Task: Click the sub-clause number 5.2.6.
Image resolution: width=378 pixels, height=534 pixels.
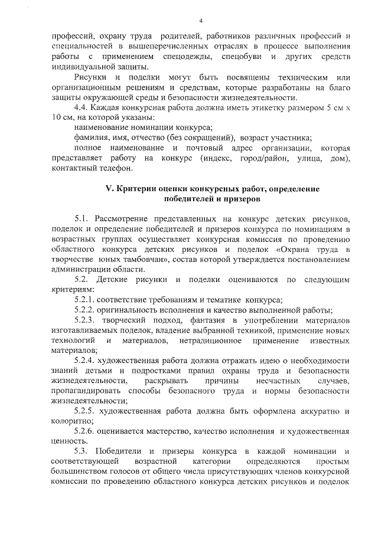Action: coord(87,431)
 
